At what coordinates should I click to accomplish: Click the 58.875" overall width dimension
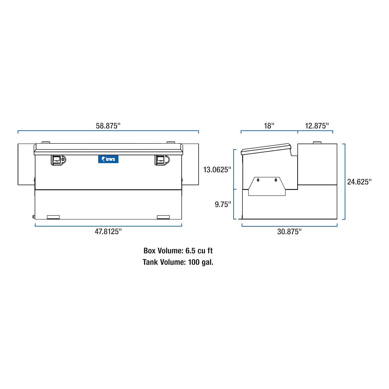coord(108,126)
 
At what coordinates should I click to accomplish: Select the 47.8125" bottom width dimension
coord(108,232)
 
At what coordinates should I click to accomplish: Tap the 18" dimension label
coord(269,126)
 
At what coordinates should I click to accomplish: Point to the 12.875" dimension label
coord(317,126)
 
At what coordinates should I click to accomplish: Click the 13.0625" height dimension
coord(216,169)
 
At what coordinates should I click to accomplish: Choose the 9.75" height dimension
coord(222,204)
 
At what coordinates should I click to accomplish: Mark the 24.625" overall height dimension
coord(359,182)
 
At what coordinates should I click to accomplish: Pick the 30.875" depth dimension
coord(289,232)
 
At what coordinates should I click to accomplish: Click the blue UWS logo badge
coord(108,159)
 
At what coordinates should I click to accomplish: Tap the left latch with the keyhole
coord(58,160)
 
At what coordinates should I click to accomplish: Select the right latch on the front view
coord(161,160)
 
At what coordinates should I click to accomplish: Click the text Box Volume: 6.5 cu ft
coord(175,251)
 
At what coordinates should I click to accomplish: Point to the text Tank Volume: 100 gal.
coord(178,262)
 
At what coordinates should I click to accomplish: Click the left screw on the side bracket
coord(258,180)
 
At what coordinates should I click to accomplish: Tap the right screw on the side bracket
coord(276,180)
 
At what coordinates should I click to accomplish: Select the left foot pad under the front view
coord(53,217)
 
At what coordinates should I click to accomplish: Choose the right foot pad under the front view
coord(163,217)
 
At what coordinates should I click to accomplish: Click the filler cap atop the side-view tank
coord(317,143)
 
